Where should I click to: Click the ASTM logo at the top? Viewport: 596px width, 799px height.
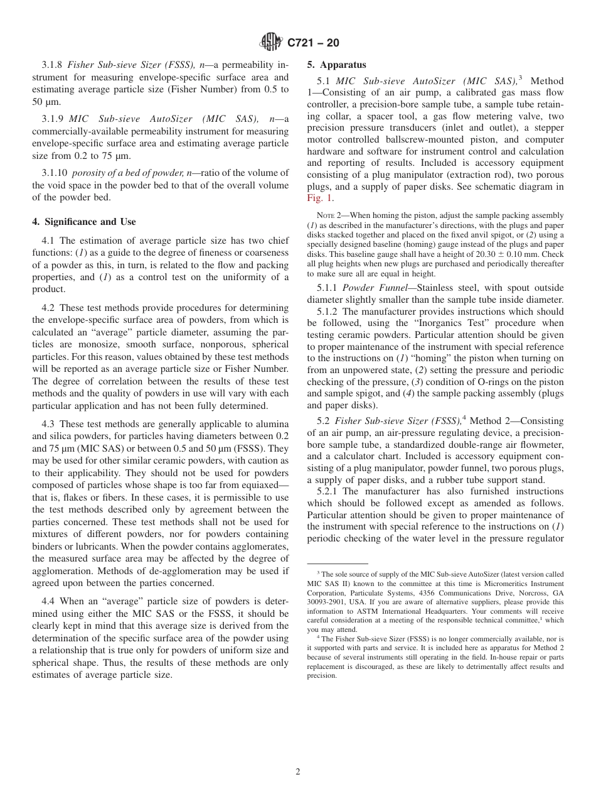(271, 42)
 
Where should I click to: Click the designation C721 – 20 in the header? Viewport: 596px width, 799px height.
(313, 43)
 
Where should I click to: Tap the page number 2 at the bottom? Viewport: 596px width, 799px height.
(298, 771)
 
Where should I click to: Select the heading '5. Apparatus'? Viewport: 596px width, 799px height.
(336, 65)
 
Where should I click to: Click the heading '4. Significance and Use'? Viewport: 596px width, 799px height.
(84, 222)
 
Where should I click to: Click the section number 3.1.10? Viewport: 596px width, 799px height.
(55, 173)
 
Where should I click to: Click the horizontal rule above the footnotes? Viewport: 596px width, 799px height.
(338, 563)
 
